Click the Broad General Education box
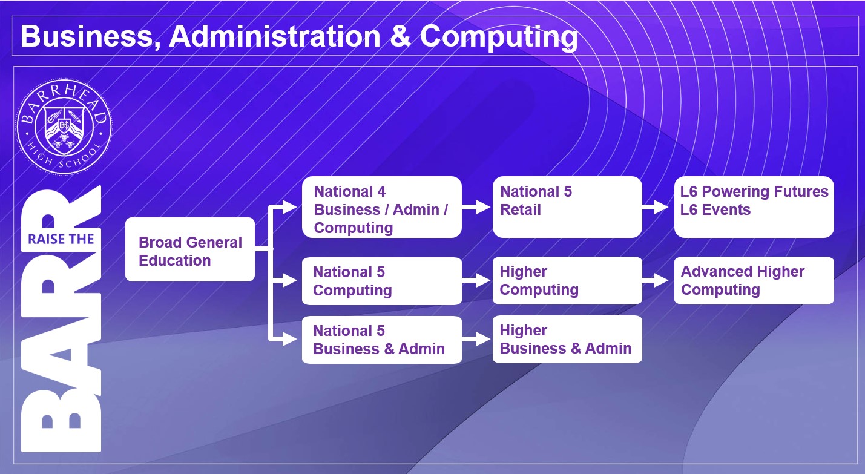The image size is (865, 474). [190, 249]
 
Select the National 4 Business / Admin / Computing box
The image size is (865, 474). [382, 207]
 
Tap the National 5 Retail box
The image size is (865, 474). [567, 207]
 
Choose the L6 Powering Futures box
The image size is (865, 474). [754, 207]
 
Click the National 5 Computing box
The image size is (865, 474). [382, 281]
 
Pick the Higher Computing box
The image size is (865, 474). [567, 280]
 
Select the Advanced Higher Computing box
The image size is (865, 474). [754, 280]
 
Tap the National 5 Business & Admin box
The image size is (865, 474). [382, 340]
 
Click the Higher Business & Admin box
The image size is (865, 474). [567, 339]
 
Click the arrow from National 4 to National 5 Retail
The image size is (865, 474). [476, 207]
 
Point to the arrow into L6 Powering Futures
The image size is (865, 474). [656, 207]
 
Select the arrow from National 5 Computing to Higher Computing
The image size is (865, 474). [476, 280]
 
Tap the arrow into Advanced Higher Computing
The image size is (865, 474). [656, 280]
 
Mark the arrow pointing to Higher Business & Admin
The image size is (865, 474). [476, 339]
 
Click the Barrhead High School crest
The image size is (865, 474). [64, 127]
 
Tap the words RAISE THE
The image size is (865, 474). [61, 239]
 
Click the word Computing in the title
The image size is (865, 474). [499, 37]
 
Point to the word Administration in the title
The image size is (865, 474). [275, 36]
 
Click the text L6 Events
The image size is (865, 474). [715, 210]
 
